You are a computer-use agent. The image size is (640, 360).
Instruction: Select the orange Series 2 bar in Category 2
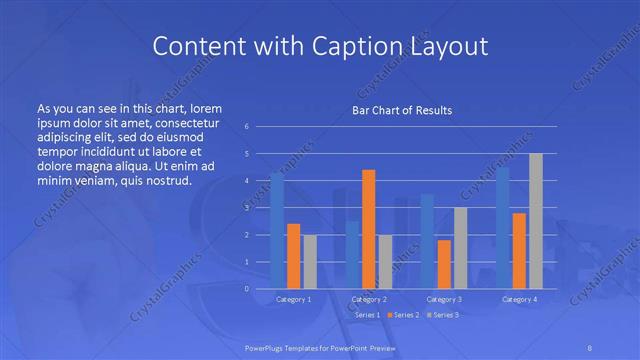368,229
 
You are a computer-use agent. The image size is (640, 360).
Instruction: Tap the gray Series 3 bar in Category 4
536,221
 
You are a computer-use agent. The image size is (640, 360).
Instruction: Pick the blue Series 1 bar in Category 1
277,231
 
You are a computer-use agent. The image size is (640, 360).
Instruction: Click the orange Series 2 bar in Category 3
444,264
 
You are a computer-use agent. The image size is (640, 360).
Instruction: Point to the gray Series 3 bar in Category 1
310,261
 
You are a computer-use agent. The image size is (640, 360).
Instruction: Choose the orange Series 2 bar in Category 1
293,256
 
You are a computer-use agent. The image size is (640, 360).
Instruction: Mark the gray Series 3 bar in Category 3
460,248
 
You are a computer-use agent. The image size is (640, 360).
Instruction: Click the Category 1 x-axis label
293,299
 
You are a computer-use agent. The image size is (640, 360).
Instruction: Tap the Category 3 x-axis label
444,299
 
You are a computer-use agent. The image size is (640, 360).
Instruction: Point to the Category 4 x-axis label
519,299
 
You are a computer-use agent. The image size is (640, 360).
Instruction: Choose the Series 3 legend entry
444,315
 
